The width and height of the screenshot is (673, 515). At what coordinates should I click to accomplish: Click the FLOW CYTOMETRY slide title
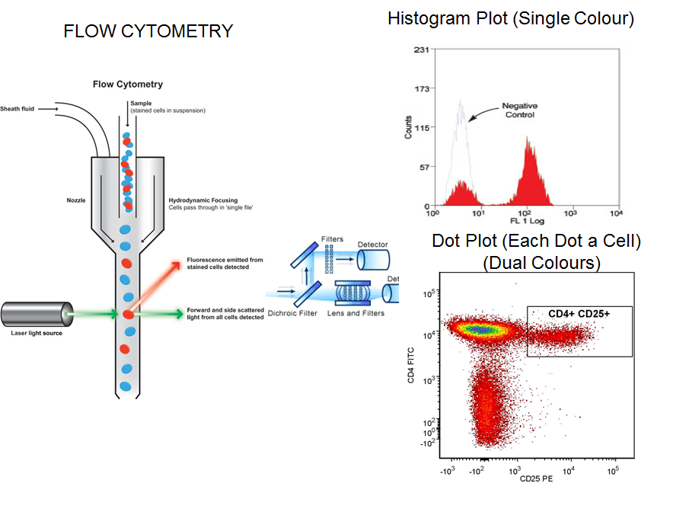coord(148,31)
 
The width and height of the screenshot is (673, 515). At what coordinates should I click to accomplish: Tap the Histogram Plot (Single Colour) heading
coord(510,19)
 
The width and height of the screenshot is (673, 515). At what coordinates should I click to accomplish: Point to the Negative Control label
coord(520,110)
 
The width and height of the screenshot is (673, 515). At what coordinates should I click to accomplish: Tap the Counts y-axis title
coord(409,126)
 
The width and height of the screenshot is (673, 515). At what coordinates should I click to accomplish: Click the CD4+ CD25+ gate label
coord(579,313)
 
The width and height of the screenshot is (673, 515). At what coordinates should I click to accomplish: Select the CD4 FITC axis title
coord(411,364)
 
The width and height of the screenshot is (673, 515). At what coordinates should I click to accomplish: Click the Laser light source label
coord(37,333)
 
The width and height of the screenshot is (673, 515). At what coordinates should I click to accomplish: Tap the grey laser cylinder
coord(34,313)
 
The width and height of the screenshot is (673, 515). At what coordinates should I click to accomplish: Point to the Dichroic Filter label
coord(289,313)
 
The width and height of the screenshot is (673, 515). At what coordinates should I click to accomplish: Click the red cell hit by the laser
coord(128,313)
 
